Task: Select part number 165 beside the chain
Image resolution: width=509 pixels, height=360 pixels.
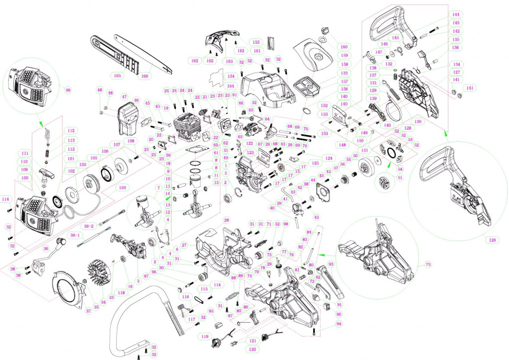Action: point(117,76)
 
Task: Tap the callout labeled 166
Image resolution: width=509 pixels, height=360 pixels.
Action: point(145,76)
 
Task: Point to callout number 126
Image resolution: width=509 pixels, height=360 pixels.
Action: point(492,240)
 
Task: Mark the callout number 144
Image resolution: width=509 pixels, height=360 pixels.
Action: point(455,15)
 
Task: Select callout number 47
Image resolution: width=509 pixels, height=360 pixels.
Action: point(124,97)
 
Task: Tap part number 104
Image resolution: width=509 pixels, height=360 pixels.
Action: point(122,187)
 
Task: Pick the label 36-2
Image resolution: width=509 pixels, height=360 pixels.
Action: point(88,226)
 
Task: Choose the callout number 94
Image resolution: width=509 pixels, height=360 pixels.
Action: point(339,324)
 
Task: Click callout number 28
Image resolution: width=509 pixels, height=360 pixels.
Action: point(226,220)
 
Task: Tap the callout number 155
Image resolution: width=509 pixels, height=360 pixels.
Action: point(257,42)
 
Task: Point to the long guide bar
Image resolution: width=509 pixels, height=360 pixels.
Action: point(144,55)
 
